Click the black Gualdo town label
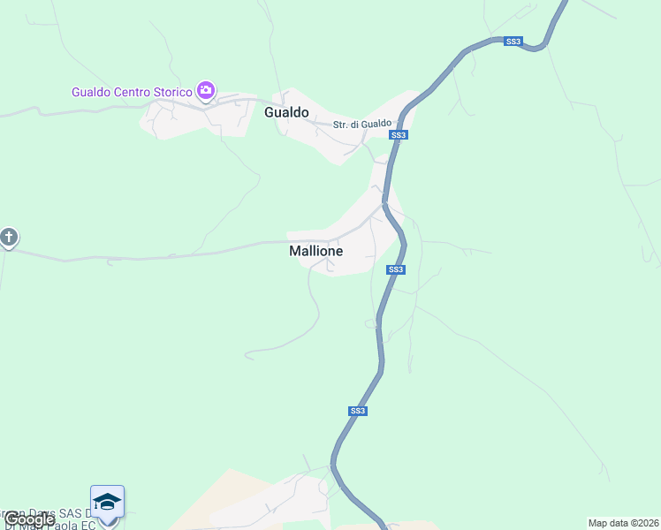pos(286,112)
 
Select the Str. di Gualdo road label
pos(361,125)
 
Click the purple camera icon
pos(206,90)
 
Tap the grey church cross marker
pos(9,238)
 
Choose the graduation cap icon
pos(107,502)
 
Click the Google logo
pos(29,519)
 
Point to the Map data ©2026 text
pos(623,523)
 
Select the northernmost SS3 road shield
pos(513,42)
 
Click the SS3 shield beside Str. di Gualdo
pos(399,135)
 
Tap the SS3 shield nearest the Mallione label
pos(396,269)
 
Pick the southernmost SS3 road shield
pos(357,411)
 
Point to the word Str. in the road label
pos(340,125)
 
